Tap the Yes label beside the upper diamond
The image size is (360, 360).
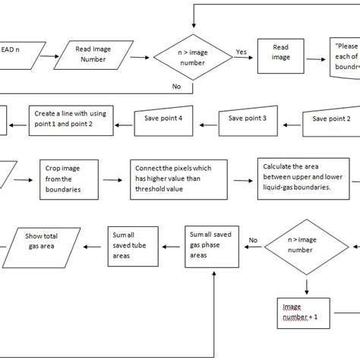241,52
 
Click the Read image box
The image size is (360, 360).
281,54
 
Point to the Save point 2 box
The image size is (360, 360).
332,119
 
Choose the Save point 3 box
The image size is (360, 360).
247,119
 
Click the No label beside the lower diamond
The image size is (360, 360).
254,240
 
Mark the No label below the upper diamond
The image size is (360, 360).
176,87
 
